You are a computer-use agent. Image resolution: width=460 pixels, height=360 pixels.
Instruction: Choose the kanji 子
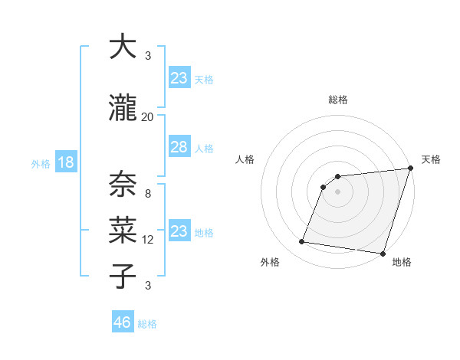123,276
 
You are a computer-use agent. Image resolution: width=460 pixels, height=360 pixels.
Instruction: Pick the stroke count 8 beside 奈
147,194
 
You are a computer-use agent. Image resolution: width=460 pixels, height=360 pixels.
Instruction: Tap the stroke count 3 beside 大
147,56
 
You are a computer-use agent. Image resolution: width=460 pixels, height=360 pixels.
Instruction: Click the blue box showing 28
179,148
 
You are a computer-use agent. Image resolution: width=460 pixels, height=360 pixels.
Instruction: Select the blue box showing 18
65,162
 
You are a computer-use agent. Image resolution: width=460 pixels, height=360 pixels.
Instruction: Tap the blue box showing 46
123,322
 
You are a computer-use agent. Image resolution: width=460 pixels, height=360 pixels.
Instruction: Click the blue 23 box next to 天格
179,78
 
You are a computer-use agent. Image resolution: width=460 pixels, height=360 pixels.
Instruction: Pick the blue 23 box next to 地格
179,231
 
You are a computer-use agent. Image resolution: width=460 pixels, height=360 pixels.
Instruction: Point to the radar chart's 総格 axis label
338,100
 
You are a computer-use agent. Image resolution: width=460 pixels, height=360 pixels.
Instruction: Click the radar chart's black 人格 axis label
245,159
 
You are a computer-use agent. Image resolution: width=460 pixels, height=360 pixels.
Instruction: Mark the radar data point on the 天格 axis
410,169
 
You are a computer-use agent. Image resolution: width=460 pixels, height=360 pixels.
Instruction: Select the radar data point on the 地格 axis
383,254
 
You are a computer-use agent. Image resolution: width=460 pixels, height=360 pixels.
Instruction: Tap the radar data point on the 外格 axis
302,242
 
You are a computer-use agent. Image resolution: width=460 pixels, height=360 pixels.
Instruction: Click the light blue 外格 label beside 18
41,163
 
